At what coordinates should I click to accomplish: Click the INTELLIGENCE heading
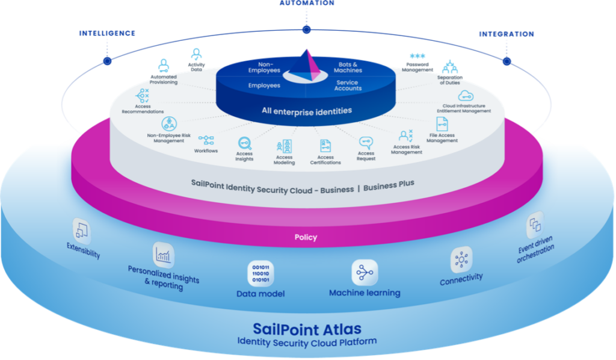(x=107, y=33)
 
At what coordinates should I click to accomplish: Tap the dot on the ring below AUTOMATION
(x=306, y=29)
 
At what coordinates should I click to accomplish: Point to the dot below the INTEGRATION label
(x=507, y=61)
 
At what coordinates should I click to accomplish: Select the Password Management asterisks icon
(x=417, y=56)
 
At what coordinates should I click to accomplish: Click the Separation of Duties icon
(x=450, y=67)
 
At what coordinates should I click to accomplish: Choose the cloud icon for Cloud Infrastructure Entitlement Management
(x=466, y=96)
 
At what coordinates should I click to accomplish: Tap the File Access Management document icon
(x=442, y=124)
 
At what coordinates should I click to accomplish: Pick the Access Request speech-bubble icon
(x=366, y=143)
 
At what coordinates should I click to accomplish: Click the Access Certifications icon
(x=325, y=146)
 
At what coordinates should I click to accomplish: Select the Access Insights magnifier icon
(x=244, y=143)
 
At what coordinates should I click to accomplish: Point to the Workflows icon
(x=206, y=140)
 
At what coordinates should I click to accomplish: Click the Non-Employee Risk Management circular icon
(x=169, y=124)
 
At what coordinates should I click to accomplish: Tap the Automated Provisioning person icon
(x=164, y=66)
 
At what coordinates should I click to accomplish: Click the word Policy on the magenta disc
(x=306, y=237)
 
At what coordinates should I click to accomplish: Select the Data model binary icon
(x=261, y=273)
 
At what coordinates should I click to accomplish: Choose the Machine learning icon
(x=365, y=272)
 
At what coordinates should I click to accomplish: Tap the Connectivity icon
(x=461, y=260)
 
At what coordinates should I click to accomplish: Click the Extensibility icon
(x=82, y=231)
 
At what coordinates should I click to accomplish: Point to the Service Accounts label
(x=348, y=85)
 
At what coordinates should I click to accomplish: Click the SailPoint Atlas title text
(x=307, y=329)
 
